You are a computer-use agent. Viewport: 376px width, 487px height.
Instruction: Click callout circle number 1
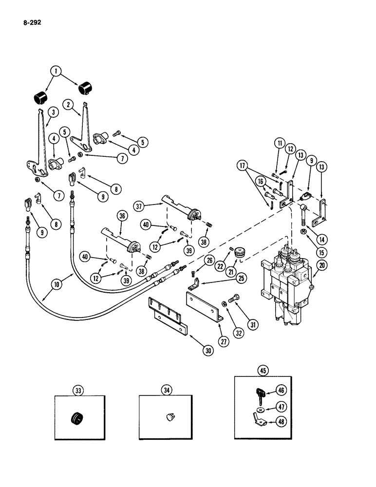click(x=58, y=72)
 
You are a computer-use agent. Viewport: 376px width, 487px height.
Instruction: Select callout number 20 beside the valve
click(x=321, y=265)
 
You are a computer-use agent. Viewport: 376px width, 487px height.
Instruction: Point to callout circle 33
click(x=78, y=390)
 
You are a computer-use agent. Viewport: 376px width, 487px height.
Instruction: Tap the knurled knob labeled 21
click(x=239, y=253)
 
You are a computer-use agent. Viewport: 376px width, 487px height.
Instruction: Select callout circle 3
click(x=53, y=112)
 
